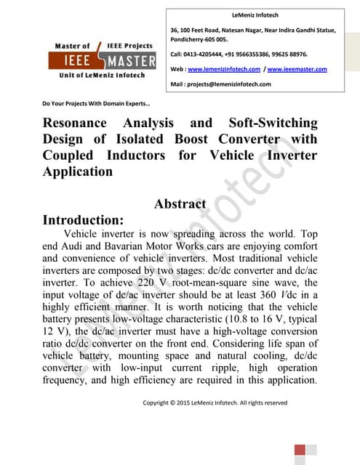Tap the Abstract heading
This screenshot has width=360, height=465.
pyautogui.click(x=180, y=204)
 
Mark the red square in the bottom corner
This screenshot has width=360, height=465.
pyautogui.click(x=300, y=451)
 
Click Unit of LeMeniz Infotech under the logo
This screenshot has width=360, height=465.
pyautogui.click(x=102, y=75)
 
